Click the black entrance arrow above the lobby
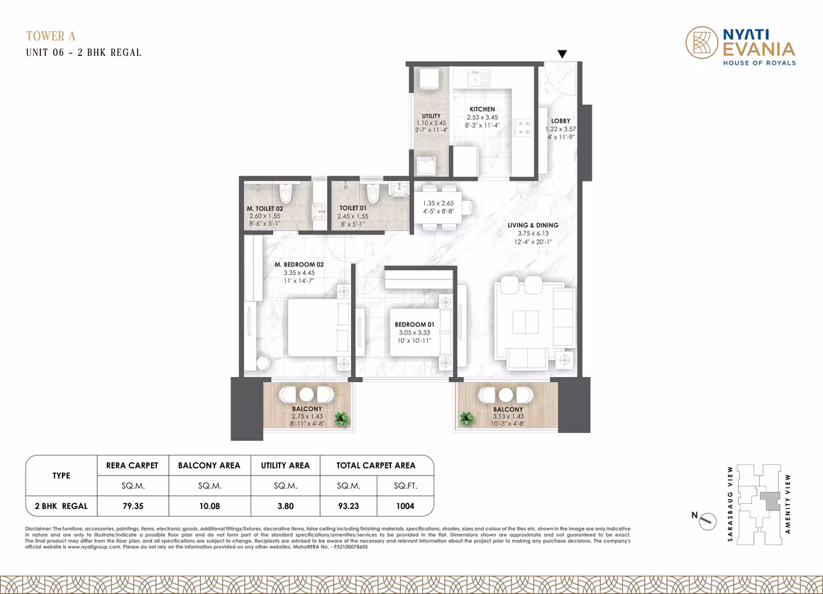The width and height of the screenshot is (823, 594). pos(562,54)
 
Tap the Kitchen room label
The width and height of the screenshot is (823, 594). pos(482,109)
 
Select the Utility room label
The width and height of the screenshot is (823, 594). pos(431,116)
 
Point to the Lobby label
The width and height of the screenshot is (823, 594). pos(560,121)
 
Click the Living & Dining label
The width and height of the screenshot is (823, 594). pos(533,225)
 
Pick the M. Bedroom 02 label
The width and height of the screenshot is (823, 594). pos(299,264)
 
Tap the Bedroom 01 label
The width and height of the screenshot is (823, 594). pos(414,325)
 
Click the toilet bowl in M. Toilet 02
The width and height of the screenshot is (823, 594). pos(285,194)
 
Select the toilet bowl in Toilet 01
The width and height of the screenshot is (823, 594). pos(372,194)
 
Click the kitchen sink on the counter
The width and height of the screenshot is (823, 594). pos(479,79)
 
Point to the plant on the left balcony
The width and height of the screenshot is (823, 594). pos(342,419)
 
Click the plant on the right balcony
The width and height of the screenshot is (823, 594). pos(466,418)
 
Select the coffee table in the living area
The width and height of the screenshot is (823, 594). pos(526,322)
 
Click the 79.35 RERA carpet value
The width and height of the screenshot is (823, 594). pos(133,506)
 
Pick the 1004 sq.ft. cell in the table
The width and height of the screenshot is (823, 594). pos(405,506)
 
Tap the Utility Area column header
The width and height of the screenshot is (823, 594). pos(285,465)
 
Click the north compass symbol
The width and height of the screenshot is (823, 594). pos(707,520)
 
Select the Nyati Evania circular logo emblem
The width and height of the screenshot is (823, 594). pos(702,43)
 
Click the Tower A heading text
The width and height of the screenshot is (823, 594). pos(51,36)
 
